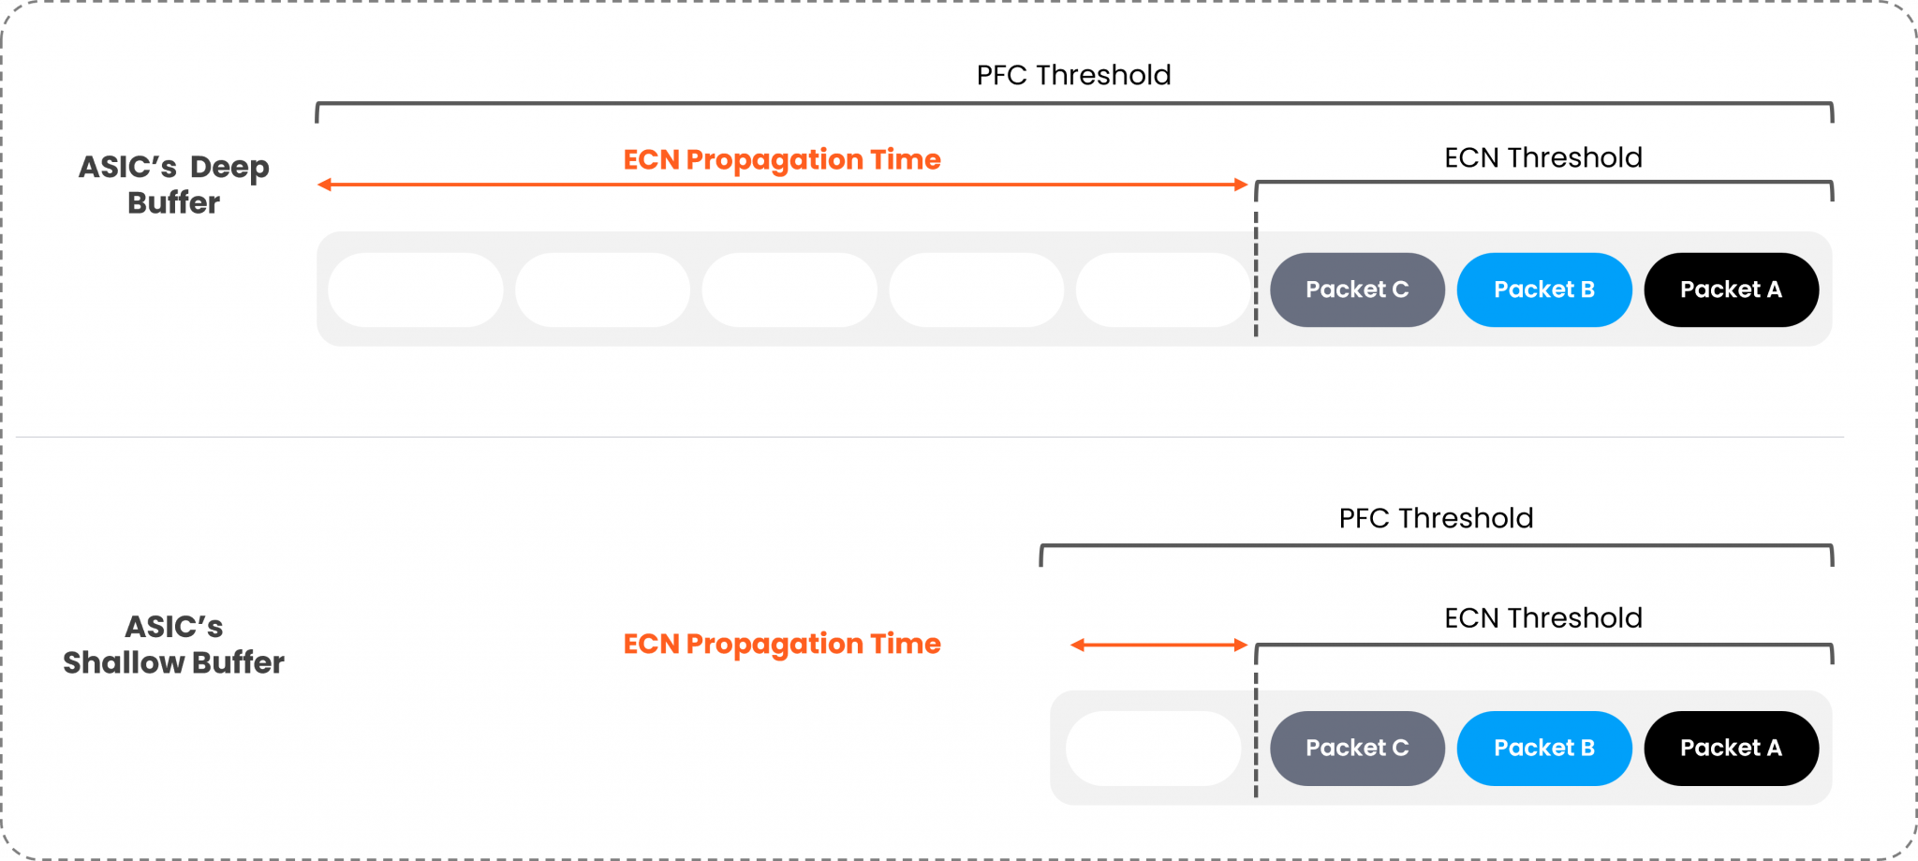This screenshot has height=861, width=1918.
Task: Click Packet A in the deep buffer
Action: (x=1731, y=289)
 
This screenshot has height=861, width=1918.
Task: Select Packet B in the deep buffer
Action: (x=1543, y=289)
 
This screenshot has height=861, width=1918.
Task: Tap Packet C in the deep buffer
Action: (x=1357, y=289)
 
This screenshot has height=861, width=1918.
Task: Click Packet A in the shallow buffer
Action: (x=1731, y=748)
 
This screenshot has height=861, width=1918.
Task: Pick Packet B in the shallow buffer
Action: (x=1543, y=748)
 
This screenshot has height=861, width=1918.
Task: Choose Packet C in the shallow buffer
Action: (x=1357, y=748)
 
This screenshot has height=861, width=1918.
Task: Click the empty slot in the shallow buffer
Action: (x=1153, y=748)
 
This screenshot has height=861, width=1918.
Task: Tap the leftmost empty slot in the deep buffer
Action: (x=416, y=289)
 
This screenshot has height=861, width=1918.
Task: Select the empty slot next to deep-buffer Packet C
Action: (x=1163, y=289)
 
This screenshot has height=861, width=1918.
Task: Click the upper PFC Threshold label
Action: (x=1073, y=75)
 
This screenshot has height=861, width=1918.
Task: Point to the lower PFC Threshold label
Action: (x=1436, y=518)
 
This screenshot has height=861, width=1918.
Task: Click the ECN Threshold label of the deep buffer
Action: (x=1542, y=157)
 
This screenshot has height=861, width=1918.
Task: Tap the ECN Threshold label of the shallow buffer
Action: (x=1542, y=618)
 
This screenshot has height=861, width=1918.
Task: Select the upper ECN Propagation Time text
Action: (x=782, y=159)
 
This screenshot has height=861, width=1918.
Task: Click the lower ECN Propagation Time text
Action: (x=782, y=644)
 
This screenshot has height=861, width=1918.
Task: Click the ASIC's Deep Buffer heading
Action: (x=174, y=185)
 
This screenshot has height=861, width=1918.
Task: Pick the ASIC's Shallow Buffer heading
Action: (x=174, y=645)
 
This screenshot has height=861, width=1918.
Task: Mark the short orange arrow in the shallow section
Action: (x=1158, y=645)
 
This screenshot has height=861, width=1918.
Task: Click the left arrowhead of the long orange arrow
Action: (x=324, y=185)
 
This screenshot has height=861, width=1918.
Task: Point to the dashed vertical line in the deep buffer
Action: (x=1256, y=272)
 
